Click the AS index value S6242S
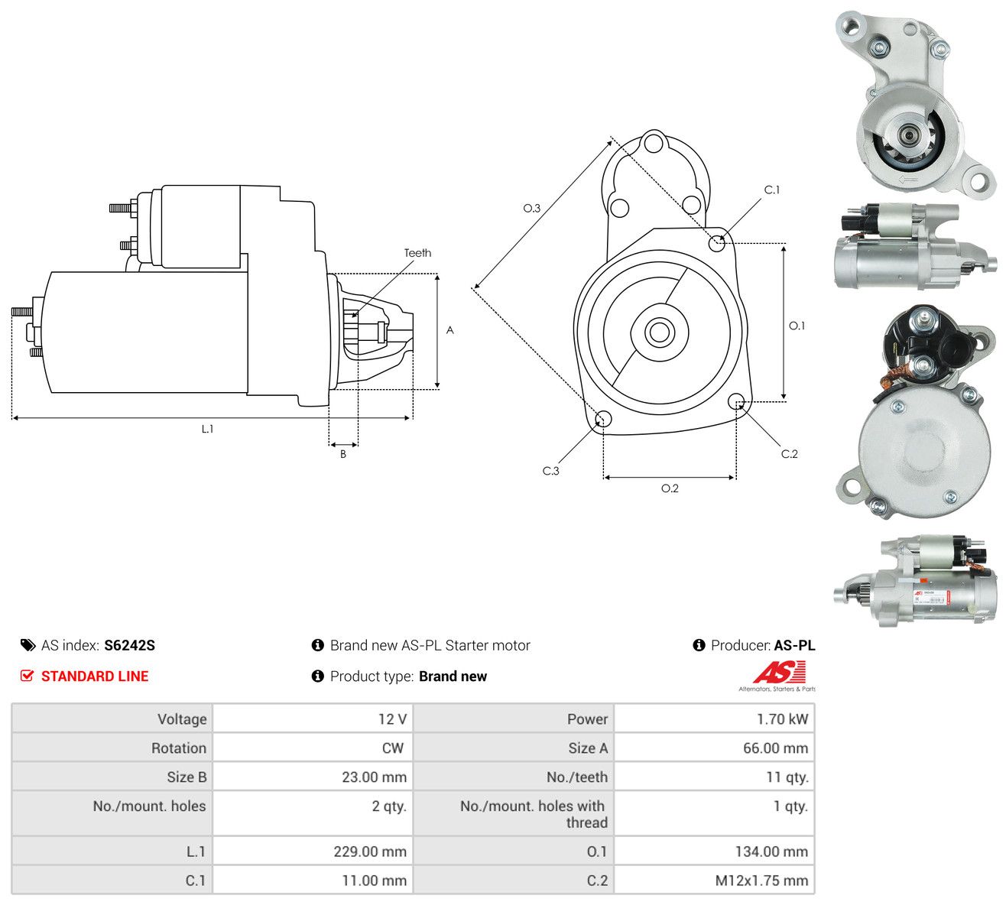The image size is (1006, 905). [129, 645]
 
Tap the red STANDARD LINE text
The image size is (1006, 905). [95, 676]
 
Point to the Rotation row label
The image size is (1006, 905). [179, 748]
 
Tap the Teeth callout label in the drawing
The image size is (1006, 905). [417, 253]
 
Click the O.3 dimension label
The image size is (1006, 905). [531, 208]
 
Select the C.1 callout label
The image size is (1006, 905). [772, 190]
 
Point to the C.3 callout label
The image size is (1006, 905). [550, 471]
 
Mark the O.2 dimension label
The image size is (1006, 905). [670, 488]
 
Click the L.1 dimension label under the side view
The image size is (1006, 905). [207, 429]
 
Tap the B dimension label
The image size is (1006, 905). [343, 454]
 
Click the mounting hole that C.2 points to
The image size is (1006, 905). [735, 401]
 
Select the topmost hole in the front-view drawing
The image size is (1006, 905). [653, 142]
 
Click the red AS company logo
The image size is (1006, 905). [779, 673]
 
